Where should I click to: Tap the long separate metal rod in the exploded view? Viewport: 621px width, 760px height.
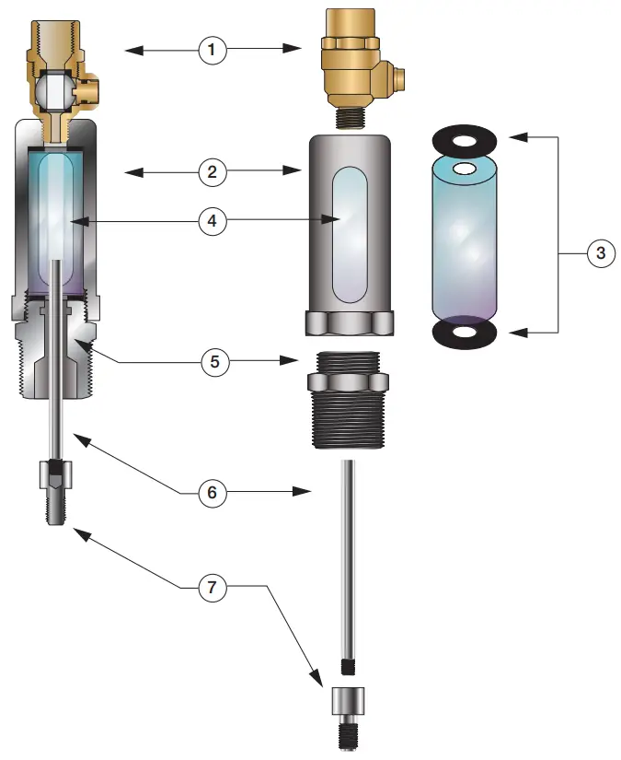pos(349,562)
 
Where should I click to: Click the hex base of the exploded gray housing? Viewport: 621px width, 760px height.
pos(349,323)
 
